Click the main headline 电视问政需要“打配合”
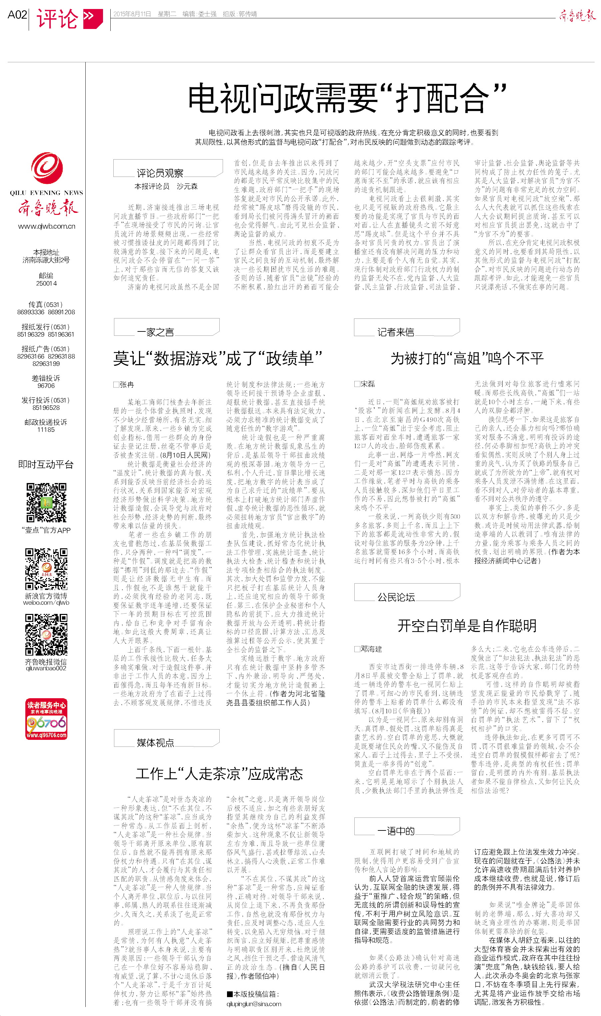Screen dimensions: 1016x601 [x=347, y=98]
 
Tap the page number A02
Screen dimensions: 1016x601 [x=17, y=15]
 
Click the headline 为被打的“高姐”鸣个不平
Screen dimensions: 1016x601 [x=467, y=358]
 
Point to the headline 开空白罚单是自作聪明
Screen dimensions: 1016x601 [x=467, y=626]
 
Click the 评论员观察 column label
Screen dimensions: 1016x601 [x=160, y=173]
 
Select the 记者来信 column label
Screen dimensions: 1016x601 [x=396, y=332]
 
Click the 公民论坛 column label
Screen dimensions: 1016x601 [x=396, y=597]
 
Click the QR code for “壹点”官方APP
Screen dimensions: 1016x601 [x=46, y=502]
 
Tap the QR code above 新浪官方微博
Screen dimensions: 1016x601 [x=46, y=569]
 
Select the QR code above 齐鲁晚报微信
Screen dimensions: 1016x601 [x=46, y=635]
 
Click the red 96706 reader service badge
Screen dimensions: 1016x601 [x=46, y=719]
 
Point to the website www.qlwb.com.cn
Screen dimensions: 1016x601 [x=47, y=226]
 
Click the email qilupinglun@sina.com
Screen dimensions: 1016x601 [x=254, y=1004]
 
